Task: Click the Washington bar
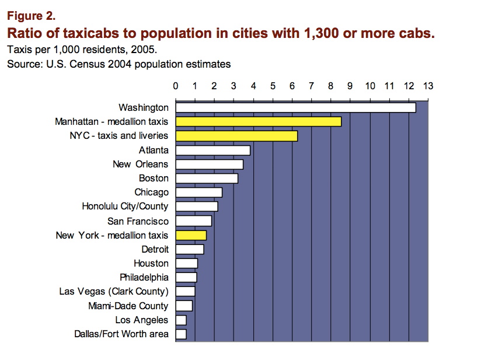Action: [295, 107]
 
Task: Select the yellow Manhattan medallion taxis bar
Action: [258, 122]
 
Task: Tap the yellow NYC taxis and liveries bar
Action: [236, 136]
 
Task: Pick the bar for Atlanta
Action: [212, 150]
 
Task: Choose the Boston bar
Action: [207, 179]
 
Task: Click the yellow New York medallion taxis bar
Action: [191, 235]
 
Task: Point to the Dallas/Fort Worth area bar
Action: [181, 334]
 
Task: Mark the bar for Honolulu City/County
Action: [197, 207]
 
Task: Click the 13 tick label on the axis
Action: [428, 86]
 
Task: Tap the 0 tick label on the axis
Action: [176, 86]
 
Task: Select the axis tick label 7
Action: [311, 86]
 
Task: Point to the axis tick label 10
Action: [370, 86]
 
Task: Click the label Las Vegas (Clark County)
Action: [114, 292]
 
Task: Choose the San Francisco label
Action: [138, 221]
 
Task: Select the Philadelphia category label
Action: [144, 277]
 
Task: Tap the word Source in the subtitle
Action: [23, 64]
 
